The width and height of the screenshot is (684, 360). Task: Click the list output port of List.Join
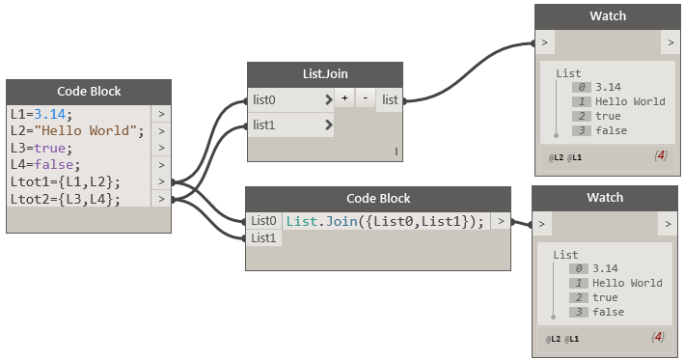coord(390,99)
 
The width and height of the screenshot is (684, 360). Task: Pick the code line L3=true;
coord(41,148)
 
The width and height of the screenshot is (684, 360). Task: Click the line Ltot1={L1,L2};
coord(66,182)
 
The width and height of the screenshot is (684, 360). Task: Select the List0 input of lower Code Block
coord(264,221)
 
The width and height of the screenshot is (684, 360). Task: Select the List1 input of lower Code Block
coord(264,238)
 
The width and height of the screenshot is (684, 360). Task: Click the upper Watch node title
coord(607,15)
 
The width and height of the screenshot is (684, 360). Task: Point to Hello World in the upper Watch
coord(629,100)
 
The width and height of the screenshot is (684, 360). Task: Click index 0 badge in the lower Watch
coord(579,268)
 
